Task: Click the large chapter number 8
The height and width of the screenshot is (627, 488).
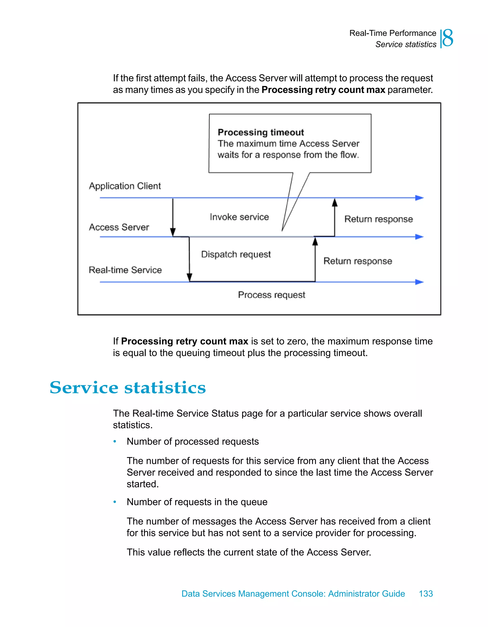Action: point(448,38)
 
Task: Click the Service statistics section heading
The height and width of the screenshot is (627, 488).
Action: point(127,388)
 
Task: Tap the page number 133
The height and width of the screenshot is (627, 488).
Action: point(426,593)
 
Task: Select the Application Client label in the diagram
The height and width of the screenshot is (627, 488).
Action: point(125,186)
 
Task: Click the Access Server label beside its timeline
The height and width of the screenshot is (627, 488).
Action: point(119,227)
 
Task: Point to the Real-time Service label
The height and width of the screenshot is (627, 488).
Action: point(125,270)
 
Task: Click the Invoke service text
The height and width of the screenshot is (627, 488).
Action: point(239,217)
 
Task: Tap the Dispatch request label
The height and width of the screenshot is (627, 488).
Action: point(236,254)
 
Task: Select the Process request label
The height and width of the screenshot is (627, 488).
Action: point(271,295)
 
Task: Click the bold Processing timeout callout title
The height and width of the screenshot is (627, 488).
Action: point(260,132)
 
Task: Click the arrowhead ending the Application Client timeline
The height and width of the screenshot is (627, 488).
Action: point(420,198)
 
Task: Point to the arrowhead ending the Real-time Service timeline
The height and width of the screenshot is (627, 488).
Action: point(420,282)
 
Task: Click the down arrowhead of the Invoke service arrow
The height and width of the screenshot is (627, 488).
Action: point(173,232)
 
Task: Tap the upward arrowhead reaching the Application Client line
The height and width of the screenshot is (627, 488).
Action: point(335,202)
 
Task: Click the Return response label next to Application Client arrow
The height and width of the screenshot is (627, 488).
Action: point(379,219)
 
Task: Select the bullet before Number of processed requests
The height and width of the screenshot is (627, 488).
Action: point(115,441)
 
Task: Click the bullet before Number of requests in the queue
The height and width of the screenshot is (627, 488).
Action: point(115,502)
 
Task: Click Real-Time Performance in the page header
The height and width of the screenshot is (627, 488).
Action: point(392,33)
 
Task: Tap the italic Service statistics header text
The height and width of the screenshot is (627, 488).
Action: point(406,45)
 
